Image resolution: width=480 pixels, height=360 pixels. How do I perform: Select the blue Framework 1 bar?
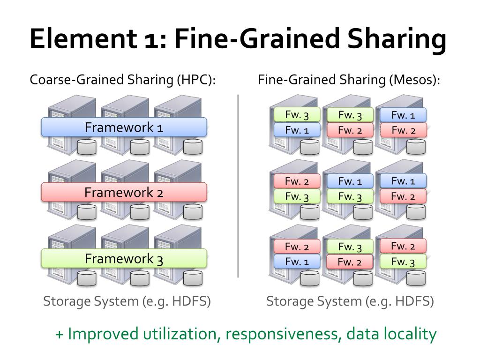(124, 127)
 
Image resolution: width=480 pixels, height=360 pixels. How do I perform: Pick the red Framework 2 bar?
(124, 192)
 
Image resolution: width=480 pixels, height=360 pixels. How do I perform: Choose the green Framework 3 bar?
(124, 258)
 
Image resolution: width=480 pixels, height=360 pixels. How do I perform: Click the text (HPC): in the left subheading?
(196, 80)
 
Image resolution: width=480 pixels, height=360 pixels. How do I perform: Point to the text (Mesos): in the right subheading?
(415, 80)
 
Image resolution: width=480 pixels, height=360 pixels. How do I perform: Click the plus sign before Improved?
(60, 335)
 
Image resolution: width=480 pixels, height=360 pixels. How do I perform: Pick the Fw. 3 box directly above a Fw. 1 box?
(297, 115)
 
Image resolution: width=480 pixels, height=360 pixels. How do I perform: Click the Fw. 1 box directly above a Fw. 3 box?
(350, 181)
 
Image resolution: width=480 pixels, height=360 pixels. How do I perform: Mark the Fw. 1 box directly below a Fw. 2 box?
(297, 261)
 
